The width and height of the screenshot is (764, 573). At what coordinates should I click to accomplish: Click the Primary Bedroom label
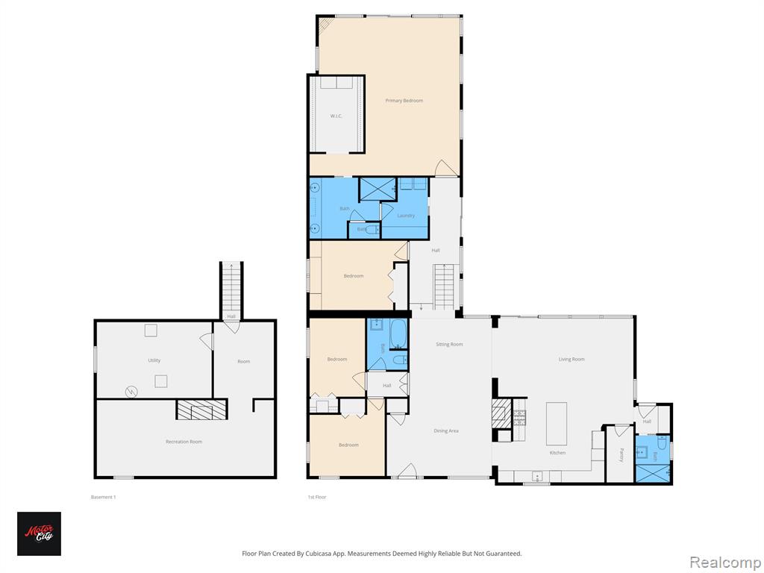pyautogui.click(x=404, y=100)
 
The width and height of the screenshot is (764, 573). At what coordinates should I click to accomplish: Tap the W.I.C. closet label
pyautogui.click(x=336, y=116)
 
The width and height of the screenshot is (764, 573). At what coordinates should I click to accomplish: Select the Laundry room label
pyautogui.click(x=405, y=216)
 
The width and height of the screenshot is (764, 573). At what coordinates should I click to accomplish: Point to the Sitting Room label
pyautogui.click(x=449, y=344)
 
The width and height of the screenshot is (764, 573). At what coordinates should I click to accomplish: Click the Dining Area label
pyautogui.click(x=446, y=430)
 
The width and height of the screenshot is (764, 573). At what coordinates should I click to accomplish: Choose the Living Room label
pyautogui.click(x=572, y=359)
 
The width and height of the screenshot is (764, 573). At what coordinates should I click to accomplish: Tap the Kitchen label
pyautogui.click(x=557, y=452)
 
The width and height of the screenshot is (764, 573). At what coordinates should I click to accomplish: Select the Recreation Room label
pyautogui.click(x=184, y=442)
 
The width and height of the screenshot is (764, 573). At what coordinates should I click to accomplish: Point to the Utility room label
pyautogui.click(x=154, y=360)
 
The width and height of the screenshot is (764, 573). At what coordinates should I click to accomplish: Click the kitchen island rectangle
pyautogui.click(x=556, y=424)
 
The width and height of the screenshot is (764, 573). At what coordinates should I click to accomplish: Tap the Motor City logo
pyautogui.click(x=39, y=533)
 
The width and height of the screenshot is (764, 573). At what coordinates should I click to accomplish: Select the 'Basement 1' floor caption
pyautogui.click(x=103, y=497)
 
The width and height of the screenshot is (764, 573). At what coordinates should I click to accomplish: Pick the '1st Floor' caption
pyautogui.click(x=317, y=497)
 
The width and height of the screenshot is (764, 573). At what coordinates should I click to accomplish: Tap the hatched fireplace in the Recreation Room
pyautogui.click(x=200, y=410)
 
